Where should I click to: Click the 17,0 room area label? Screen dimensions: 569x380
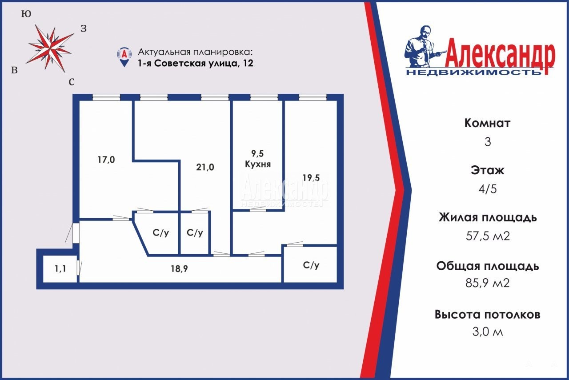coord(106,160)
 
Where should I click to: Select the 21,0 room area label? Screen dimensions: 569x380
coord(205,167)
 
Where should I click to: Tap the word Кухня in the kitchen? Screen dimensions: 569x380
coord(258,164)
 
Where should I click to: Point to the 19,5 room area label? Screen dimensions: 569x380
coord(311,177)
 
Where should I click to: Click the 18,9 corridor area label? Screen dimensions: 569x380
coord(179,268)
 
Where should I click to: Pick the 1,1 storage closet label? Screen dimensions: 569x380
coord(60,268)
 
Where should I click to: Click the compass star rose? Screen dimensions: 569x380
coord(50,48)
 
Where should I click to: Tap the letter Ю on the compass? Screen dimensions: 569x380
coord(26,14)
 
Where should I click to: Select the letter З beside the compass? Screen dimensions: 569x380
coord(84,28)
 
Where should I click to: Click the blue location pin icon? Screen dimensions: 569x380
coord(124,57)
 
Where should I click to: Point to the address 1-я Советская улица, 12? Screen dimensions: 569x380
coord(195,63)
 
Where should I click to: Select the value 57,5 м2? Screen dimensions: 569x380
coord(488,236)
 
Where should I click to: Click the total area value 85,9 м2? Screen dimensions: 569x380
coord(488,283)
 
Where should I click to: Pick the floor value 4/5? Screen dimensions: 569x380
coord(488,189)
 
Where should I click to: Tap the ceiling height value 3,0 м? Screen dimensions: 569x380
coord(488,332)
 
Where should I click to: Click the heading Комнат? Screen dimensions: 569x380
coord(487,123)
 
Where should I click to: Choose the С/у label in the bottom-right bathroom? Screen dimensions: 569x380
coord(311,265)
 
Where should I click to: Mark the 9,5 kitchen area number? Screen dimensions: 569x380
coord(257,153)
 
